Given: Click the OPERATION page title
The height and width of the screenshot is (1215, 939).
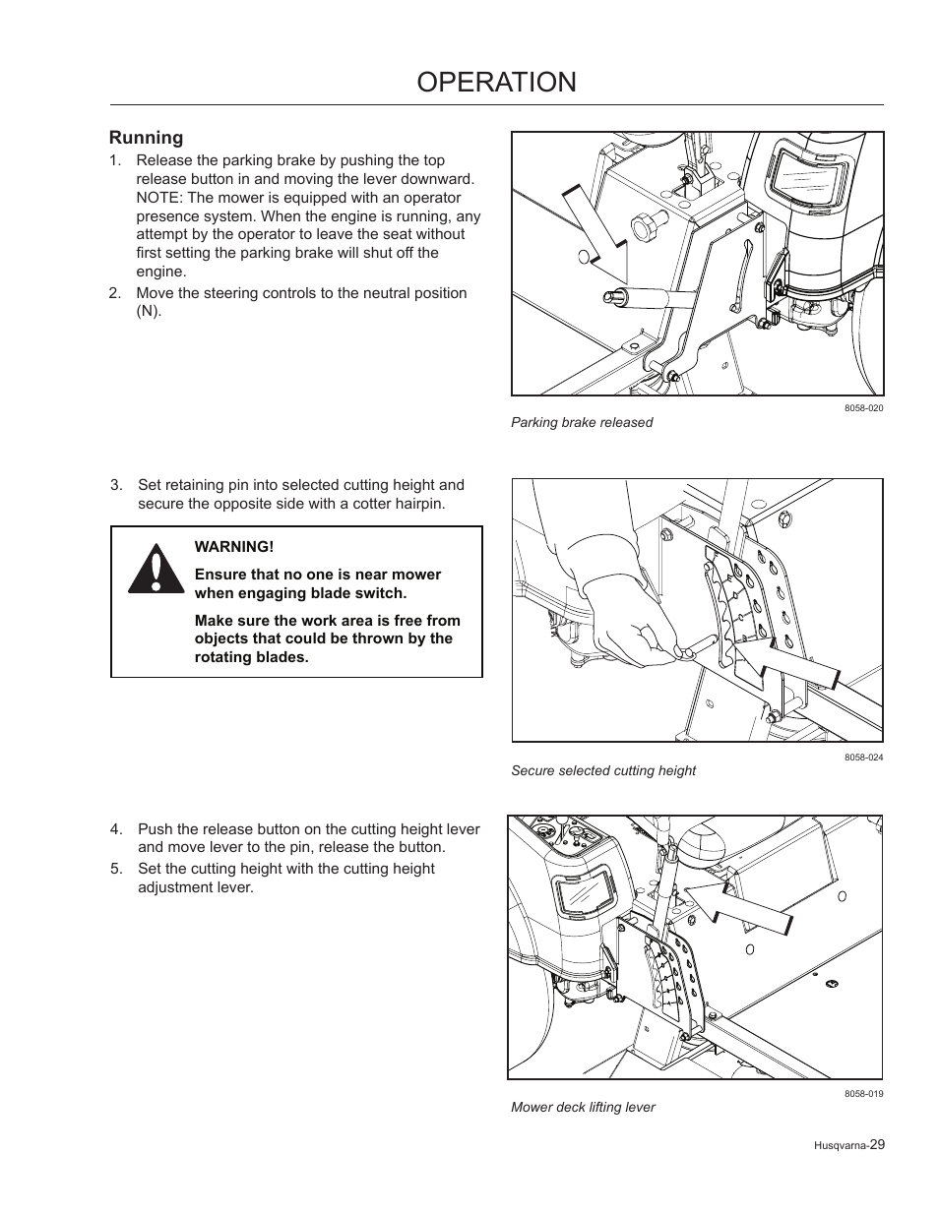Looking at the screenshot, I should [496, 82].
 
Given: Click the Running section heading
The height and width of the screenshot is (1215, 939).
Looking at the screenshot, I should [146, 138].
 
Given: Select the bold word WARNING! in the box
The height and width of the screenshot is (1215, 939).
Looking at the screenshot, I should [233, 547].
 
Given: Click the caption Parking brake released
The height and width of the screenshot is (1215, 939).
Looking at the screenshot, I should [581, 422].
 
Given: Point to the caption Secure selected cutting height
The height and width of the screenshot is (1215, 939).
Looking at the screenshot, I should [602, 770].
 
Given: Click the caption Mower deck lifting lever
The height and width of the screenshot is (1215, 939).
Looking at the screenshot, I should [583, 1107].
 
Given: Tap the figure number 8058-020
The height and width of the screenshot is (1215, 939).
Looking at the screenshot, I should [863, 408].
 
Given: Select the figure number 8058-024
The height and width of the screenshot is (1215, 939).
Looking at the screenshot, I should [863, 757].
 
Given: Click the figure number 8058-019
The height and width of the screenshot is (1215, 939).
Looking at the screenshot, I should [863, 1094].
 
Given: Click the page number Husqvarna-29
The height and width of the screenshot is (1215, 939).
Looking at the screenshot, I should [850, 1145].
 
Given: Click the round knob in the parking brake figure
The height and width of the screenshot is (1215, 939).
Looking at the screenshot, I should [651, 227].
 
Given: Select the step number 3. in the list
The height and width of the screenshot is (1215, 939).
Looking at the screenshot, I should [117, 485].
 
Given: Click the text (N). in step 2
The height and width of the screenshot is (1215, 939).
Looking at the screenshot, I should [149, 312].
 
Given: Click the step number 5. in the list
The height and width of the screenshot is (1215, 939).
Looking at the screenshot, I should [117, 869].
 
